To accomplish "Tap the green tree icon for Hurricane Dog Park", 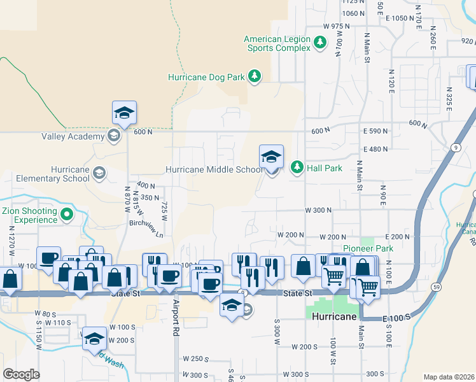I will pos(255,77).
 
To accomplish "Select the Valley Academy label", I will pos(73,136).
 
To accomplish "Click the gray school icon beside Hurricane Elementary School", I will pos(99,173).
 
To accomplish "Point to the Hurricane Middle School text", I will pos(214,170).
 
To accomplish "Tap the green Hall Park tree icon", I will pos(297,168).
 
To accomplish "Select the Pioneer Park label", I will pos(368,248).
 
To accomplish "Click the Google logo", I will pos(21,374).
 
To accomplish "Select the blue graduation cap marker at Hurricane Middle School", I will pos(271,156).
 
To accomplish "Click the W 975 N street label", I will pos(337,26).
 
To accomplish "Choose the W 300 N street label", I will pos(319,210).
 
